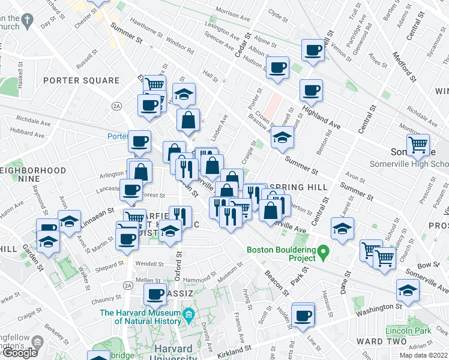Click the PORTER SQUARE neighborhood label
point(82,80)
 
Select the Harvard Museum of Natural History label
point(140,317)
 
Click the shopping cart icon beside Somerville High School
point(418,145)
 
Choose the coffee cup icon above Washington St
point(303,314)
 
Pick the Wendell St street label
point(149,263)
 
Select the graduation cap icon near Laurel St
point(342,229)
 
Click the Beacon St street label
point(276,281)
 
